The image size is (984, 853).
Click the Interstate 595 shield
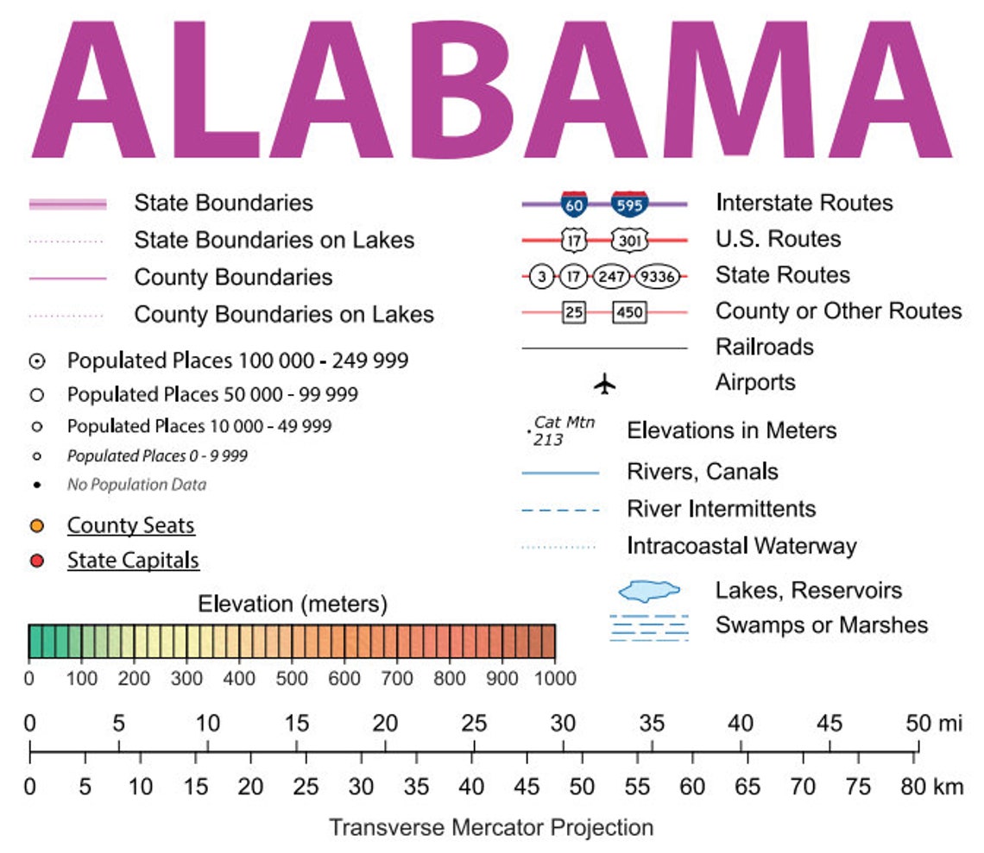630,204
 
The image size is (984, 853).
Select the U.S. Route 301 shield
630,240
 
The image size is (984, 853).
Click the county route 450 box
629,311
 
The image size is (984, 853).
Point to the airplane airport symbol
605,383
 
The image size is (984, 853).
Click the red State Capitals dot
36,561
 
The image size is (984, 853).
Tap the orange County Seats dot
36,526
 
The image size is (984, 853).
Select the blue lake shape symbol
649,591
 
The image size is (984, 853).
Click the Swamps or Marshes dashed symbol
649,627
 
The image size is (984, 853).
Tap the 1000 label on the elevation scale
555,679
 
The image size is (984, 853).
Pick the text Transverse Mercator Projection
491,828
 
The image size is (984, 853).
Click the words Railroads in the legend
764,347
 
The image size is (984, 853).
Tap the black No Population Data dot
36,485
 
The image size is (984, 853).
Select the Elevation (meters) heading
293,604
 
